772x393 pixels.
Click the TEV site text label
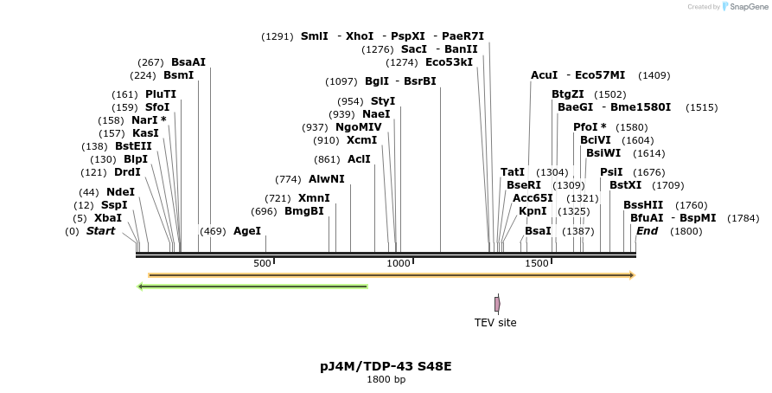coord(495,323)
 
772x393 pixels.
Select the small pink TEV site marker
coord(497,304)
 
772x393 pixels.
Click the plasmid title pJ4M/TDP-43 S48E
coord(386,366)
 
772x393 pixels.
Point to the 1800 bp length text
coord(386,380)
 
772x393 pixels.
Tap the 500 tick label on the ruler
coord(262,263)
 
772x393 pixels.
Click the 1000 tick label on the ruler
coord(399,263)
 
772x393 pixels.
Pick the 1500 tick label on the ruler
coord(537,263)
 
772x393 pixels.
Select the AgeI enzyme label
coord(247,231)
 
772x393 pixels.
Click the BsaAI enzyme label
coord(188,62)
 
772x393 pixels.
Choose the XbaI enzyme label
coord(108,218)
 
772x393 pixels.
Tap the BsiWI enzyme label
coord(603,153)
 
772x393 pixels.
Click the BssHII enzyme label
coord(643,205)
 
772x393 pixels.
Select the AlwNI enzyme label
coord(327,179)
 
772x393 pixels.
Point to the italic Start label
coord(100,231)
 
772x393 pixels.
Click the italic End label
coord(647,231)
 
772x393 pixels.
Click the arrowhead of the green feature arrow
coord(141,287)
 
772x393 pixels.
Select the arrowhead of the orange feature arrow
coord(632,275)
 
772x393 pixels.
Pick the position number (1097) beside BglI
coord(341,81)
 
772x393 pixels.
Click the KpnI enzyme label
coord(533,210)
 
